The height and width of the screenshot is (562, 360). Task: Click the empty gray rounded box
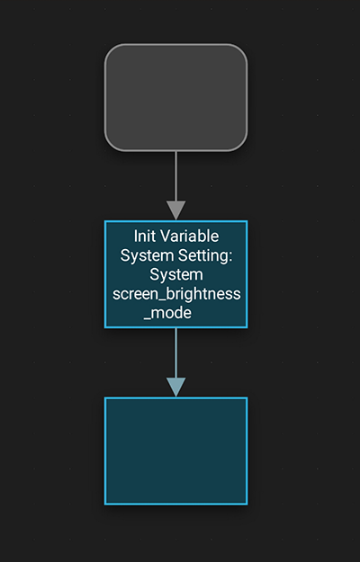click(175, 97)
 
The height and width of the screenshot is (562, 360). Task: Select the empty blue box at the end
click(175, 450)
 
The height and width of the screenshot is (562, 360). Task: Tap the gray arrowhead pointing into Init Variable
click(175, 210)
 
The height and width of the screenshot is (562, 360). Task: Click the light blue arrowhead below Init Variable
click(175, 387)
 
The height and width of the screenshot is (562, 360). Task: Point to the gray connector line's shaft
click(175, 176)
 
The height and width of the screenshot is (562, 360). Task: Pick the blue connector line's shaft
click(175, 352)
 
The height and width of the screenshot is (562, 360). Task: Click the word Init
click(145, 236)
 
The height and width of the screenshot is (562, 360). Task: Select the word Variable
click(189, 236)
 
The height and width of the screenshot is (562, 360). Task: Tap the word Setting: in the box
click(205, 256)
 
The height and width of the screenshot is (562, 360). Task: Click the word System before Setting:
click(147, 256)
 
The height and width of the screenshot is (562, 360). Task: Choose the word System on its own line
click(176, 275)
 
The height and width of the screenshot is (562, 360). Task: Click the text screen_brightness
click(176, 294)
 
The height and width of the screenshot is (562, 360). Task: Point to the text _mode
click(167, 313)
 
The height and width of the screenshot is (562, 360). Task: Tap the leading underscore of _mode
click(148, 319)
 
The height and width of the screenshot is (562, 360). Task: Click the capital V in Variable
click(164, 236)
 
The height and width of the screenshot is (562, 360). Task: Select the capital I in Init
click(136, 236)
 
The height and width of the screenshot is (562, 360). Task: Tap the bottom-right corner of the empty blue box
click(247, 504)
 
